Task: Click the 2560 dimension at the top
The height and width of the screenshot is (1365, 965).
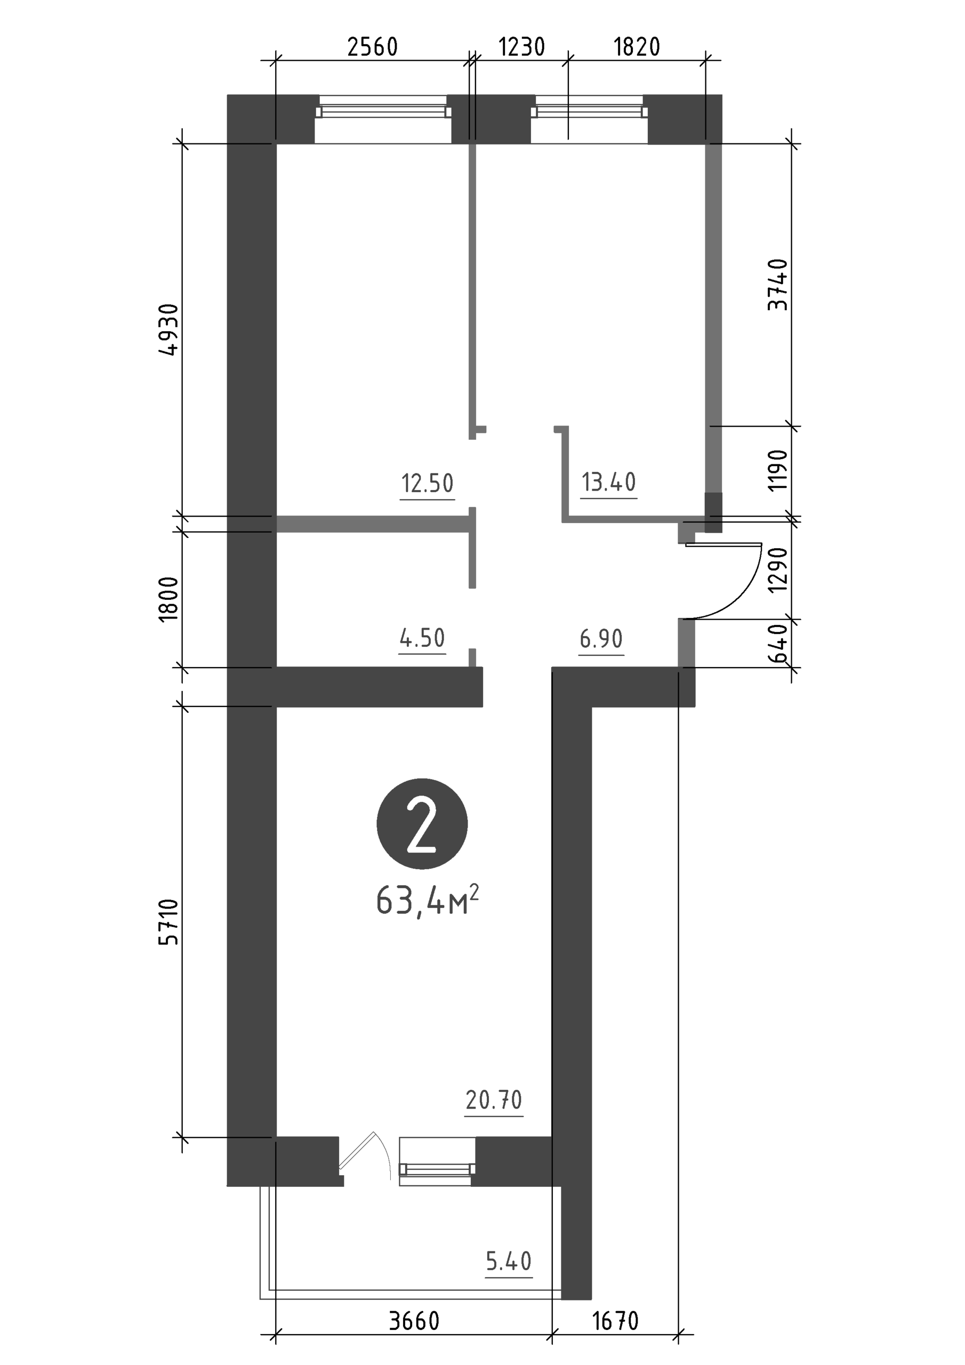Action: pyautogui.click(x=372, y=47)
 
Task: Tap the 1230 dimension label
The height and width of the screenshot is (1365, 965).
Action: pyautogui.click(x=521, y=47)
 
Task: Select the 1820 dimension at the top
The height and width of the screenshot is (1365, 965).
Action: pyautogui.click(x=637, y=47)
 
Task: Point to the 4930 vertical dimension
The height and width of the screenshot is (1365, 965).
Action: pyautogui.click(x=169, y=330)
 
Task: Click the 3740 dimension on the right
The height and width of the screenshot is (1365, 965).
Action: pyautogui.click(x=778, y=284)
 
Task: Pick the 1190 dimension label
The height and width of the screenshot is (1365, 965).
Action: pyautogui.click(x=778, y=470)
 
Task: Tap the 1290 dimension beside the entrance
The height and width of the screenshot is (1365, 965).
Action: pyautogui.click(x=778, y=569)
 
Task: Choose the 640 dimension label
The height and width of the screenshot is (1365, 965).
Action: pyautogui.click(x=778, y=643)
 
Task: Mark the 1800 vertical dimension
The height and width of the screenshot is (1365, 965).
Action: pyautogui.click(x=169, y=599)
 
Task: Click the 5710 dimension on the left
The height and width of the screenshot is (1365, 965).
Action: pyautogui.click(x=169, y=922)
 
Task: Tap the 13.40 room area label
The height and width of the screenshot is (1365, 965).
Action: pyautogui.click(x=609, y=482)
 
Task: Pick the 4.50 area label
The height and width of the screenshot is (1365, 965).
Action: pyautogui.click(x=422, y=638)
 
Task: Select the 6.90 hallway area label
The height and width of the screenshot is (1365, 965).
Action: pyautogui.click(x=601, y=639)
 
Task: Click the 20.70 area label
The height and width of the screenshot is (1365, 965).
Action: pyautogui.click(x=494, y=1100)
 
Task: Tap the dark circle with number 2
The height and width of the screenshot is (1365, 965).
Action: pyautogui.click(x=422, y=824)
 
